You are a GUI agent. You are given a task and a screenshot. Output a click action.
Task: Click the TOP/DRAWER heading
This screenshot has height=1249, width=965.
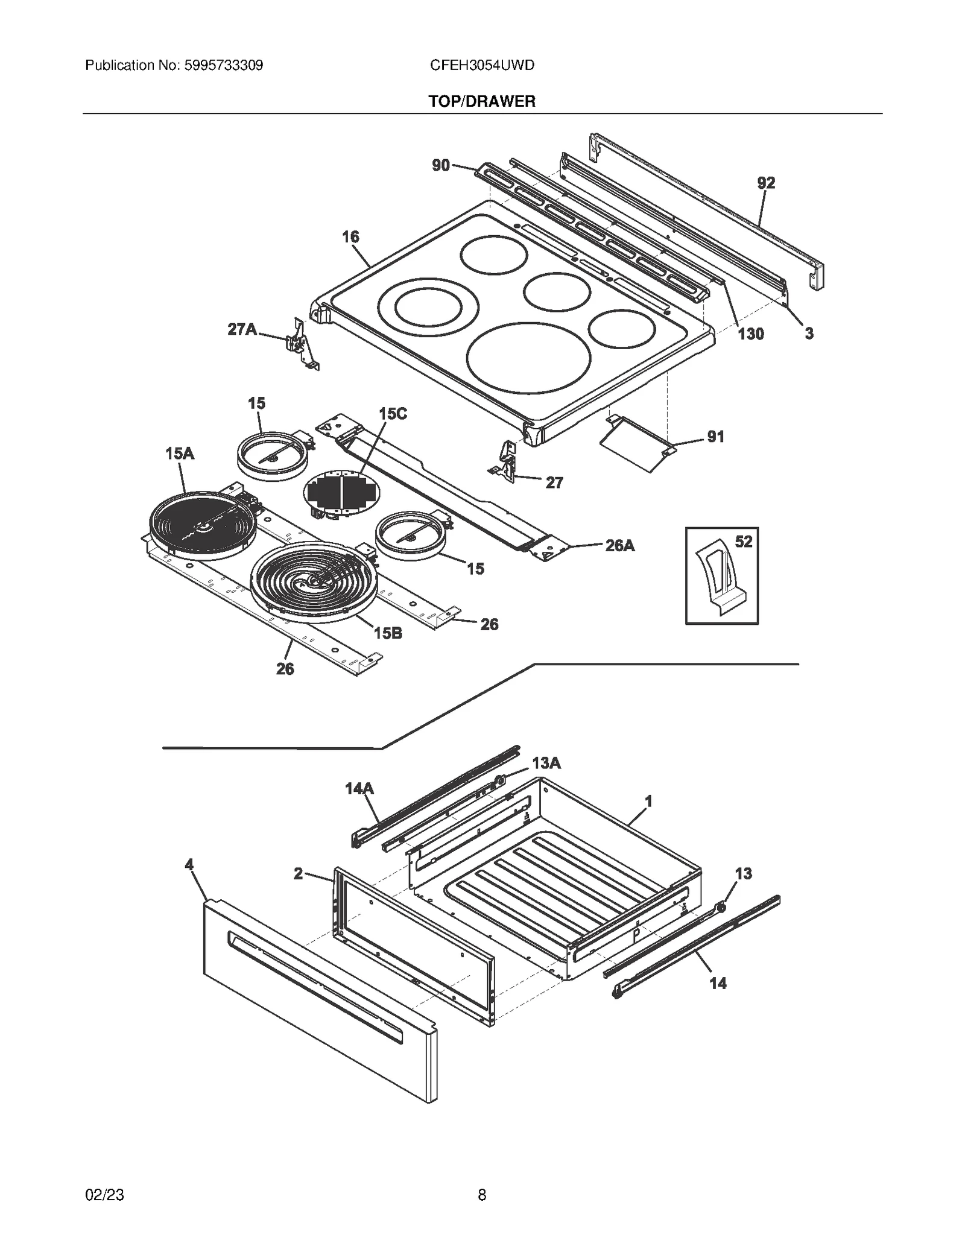coord(481,101)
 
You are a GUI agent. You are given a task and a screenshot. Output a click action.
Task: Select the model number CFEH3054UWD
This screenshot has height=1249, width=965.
coord(481,65)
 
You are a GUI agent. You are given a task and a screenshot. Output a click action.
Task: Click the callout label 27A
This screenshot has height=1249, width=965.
coord(242,329)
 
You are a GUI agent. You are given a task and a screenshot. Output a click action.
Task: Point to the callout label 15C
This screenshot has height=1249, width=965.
coord(393,414)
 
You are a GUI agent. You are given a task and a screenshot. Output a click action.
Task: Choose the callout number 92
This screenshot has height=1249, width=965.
coord(765,183)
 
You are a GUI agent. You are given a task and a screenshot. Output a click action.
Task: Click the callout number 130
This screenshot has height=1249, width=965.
coord(751,334)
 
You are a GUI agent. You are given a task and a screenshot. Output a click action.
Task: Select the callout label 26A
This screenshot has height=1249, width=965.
coord(619,546)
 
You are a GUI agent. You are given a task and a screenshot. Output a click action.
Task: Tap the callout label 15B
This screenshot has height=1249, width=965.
coord(388,633)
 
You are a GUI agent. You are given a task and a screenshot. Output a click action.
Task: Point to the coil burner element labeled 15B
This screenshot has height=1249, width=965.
coord(314,582)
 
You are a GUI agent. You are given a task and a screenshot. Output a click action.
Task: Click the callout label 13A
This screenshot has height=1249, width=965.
coord(546,764)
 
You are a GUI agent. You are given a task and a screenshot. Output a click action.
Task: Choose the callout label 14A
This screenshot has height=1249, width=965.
coord(359,788)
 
